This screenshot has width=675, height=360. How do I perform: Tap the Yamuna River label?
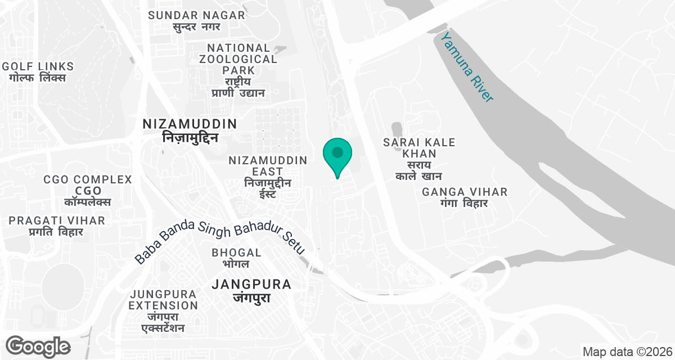pos(467,67)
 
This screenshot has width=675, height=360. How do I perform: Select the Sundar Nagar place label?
pos(196,21)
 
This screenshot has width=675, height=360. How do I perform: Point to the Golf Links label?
pos(38,72)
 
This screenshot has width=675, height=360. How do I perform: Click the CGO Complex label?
pos(88,190)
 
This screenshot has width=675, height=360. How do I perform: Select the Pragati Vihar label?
pos(56,226)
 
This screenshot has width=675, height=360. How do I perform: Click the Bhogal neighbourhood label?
pos(236,258)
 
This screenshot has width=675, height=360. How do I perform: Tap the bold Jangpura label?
pos(251,290)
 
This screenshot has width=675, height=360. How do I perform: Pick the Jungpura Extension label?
pos(163,310)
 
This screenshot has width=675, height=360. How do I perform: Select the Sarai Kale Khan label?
pos(419,159)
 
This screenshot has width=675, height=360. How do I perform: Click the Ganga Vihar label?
pos(465,197)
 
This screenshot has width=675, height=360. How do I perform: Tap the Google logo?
pos(38,346)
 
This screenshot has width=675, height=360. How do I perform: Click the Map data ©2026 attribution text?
pos(627,352)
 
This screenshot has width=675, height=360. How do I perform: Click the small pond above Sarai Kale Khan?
pos(397,129)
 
